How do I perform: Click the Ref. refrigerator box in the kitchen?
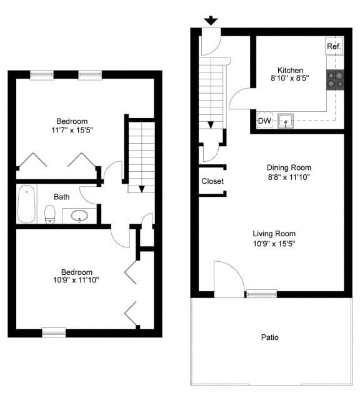[334, 46]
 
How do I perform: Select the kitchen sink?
[286, 121]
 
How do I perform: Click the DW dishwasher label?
[264, 121]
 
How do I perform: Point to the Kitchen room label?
[290, 71]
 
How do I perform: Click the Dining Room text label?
[289, 167]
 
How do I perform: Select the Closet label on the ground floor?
[212, 181]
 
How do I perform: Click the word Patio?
[270, 337]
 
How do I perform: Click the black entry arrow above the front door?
[211, 21]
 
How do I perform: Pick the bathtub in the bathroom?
[26, 204]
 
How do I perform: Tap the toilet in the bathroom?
[51, 214]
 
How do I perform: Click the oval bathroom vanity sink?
[79, 216]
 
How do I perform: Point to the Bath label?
[61, 197]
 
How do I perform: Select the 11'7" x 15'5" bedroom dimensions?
[72, 130]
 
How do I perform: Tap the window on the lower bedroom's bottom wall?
[54, 332]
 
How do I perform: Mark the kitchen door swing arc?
[241, 98]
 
